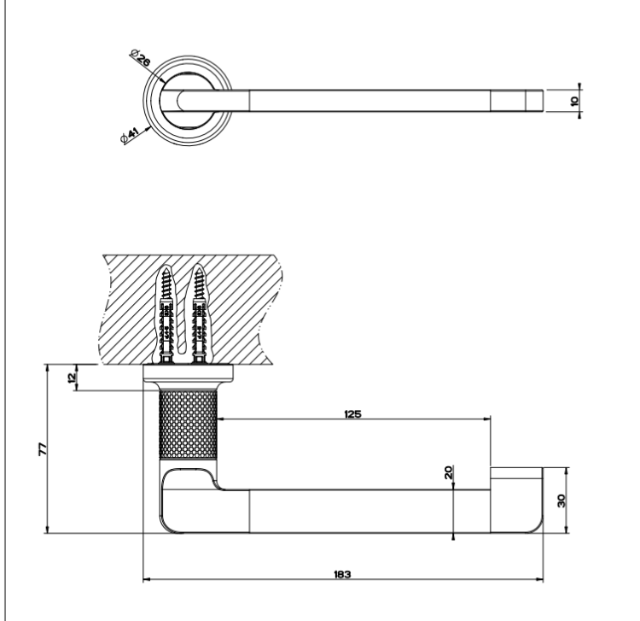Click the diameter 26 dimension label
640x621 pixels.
[141, 58]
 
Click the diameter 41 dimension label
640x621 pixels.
[131, 136]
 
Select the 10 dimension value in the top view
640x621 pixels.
[574, 101]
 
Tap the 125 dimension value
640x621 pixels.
[352, 414]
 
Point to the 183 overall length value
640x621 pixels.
[342, 574]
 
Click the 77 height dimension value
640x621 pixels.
[43, 449]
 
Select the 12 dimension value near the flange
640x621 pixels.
[72, 377]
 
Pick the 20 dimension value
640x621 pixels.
[448, 472]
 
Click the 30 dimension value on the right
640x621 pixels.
[561, 501]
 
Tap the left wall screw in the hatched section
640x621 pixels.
[166, 314]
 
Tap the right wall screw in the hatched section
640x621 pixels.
[199, 314]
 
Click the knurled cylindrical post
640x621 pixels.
[188, 425]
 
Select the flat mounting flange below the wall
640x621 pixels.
[189, 372]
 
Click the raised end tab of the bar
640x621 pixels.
[516, 473]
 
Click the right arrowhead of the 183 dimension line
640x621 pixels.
[540, 579]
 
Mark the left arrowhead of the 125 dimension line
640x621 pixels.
[221, 419]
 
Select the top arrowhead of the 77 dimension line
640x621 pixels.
[47, 367]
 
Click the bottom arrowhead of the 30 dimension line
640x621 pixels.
[566, 530]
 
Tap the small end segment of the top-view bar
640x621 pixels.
[534, 101]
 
